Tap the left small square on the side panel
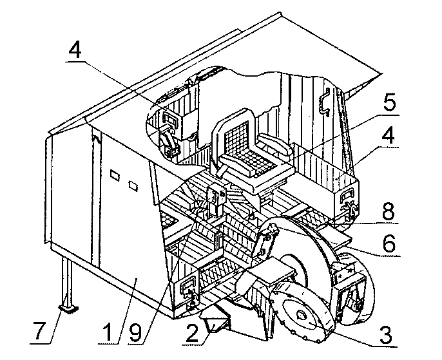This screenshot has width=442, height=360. [x=115, y=175]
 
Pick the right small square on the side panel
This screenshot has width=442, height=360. [x=134, y=185]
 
